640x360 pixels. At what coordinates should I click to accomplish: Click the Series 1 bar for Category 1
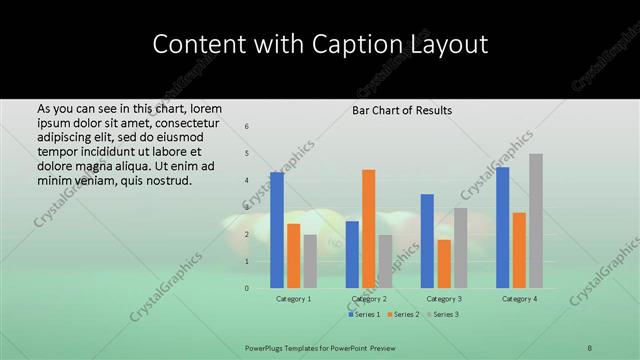(x=277, y=230)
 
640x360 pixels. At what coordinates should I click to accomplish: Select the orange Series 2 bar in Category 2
(x=369, y=229)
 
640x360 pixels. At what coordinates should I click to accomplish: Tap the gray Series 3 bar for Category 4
(x=536, y=221)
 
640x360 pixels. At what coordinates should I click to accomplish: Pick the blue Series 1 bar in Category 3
(x=427, y=241)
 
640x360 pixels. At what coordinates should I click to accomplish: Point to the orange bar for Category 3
(x=444, y=264)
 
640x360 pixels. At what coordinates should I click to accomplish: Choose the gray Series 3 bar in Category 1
(x=310, y=261)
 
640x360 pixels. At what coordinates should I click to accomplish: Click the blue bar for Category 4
(x=503, y=227)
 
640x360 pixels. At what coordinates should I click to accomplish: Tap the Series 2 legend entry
(x=403, y=315)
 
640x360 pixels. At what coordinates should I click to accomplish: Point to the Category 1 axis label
(x=294, y=299)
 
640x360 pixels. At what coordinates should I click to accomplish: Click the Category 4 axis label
(x=519, y=299)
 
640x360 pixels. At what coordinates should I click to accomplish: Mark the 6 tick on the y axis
(x=247, y=126)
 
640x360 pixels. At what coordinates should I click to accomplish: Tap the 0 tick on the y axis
(x=247, y=288)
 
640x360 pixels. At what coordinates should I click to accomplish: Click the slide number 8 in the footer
(x=589, y=347)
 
